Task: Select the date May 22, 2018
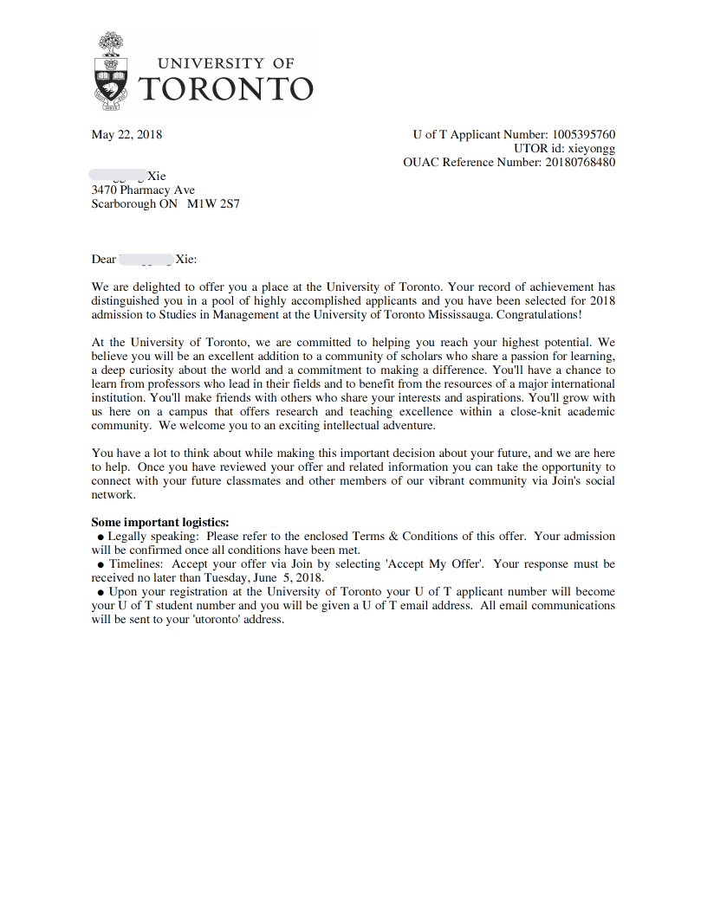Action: coord(126,134)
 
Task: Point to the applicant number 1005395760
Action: coord(584,134)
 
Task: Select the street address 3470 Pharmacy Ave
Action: coord(143,190)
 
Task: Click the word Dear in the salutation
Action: coord(104,259)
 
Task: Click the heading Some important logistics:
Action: coord(160,522)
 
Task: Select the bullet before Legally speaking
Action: coord(101,537)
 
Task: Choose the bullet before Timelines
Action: coord(101,564)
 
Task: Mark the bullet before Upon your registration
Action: coord(101,592)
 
